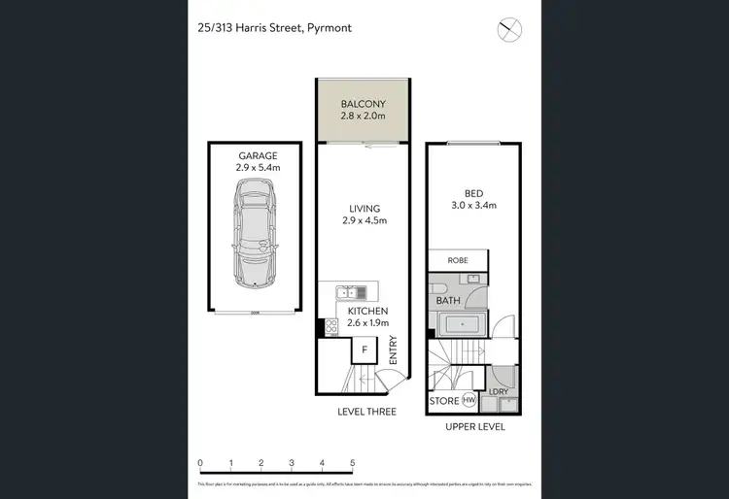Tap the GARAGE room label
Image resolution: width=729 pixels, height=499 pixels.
point(258,155)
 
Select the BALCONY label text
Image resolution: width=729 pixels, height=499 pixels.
point(364,104)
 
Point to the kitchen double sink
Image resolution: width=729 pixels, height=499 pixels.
point(349,292)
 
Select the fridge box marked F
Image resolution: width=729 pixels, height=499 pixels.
point(364,349)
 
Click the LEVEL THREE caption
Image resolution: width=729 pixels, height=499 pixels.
point(365,412)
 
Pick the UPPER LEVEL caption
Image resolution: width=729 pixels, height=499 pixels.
point(475,426)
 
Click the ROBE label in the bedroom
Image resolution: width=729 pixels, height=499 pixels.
point(457,260)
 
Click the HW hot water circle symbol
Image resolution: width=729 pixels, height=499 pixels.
point(469,400)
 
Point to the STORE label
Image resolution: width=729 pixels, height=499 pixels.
point(444,400)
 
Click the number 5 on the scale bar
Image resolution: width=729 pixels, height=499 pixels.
point(353,463)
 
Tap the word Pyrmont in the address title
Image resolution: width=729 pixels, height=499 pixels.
point(329,28)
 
